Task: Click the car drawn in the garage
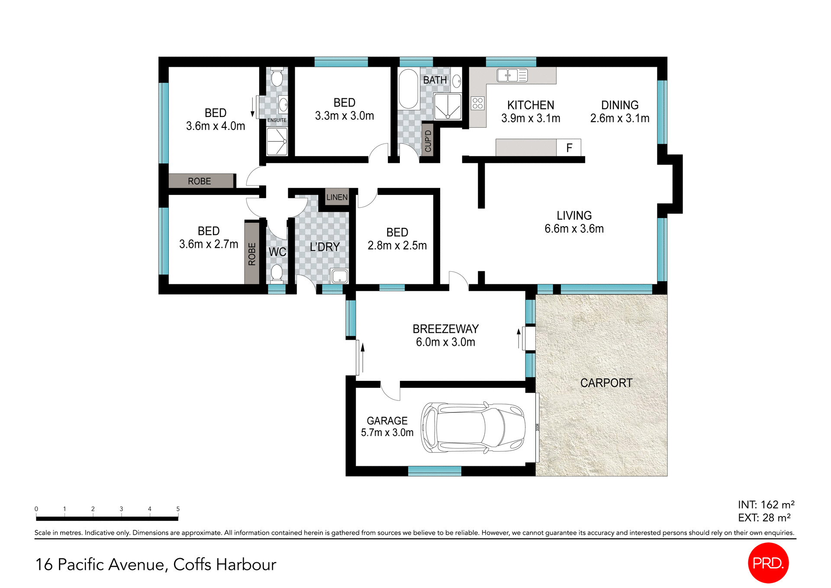pyautogui.click(x=473, y=428)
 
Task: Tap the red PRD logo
pyautogui.click(x=768, y=563)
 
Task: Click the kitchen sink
pyautogui.click(x=512, y=75)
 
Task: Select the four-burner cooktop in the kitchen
pyautogui.click(x=477, y=103)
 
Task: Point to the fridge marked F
pyautogui.click(x=569, y=148)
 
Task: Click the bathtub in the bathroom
pyautogui.click(x=408, y=89)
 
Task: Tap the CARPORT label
pyautogui.click(x=606, y=383)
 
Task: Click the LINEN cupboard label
pyautogui.click(x=337, y=198)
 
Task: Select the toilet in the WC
pyautogui.click(x=277, y=273)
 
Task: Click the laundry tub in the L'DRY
pyautogui.click(x=339, y=276)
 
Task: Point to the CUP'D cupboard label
pyautogui.click(x=428, y=141)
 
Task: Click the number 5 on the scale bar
pyautogui.click(x=178, y=509)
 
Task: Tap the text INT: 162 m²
pyautogui.click(x=766, y=505)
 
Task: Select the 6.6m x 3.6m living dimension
pyautogui.click(x=574, y=229)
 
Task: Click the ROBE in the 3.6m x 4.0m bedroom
pyautogui.click(x=200, y=181)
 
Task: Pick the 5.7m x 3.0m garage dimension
pyautogui.click(x=387, y=433)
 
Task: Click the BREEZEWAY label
pyautogui.click(x=445, y=329)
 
